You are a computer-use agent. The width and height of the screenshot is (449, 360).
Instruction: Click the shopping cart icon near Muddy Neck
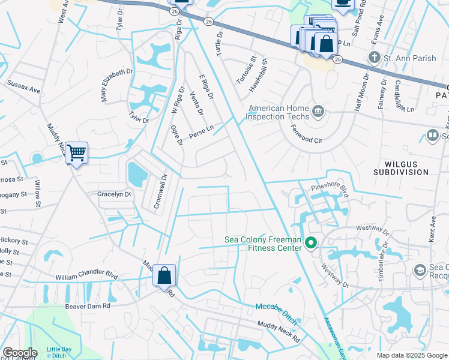click(x=76, y=154)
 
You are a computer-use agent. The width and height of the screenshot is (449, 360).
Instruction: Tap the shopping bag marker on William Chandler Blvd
click(x=164, y=276)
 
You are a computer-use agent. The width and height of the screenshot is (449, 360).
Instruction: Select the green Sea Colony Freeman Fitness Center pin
click(x=311, y=243)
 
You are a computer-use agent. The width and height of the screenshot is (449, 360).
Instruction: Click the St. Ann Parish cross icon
click(x=375, y=58)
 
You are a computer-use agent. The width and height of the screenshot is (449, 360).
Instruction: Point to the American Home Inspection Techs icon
click(x=319, y=111)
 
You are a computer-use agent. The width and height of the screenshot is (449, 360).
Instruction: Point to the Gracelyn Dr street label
click(x=114, y=194)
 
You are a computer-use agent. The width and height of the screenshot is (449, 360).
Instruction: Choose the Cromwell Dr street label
click(x=160, y=191)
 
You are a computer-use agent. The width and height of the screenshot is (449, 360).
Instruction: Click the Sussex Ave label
click(x=23, y=87)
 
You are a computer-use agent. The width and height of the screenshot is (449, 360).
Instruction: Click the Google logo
click(x=19, y=353)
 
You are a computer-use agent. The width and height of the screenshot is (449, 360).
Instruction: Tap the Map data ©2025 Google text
click(x=411, y=355)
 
